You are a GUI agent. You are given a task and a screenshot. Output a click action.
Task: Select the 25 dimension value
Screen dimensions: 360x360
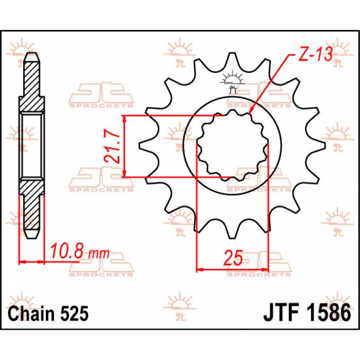point(233,259)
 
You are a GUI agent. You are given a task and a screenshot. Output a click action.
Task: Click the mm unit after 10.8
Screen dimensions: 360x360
point(98,253)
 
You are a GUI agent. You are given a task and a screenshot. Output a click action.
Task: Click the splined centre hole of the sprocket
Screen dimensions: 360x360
point(232,146)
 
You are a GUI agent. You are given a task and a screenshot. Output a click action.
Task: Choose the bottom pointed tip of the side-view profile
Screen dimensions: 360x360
point(32,238)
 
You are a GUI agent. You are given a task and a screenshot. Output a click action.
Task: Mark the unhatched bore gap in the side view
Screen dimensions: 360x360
point(32,146)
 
